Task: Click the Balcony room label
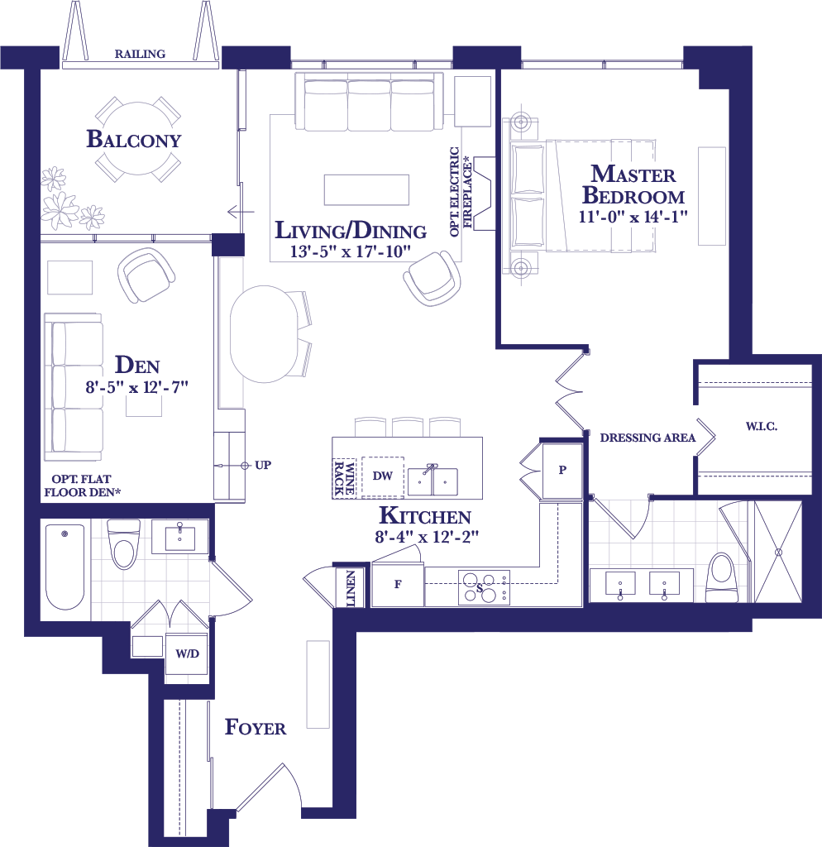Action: [x=133, y=139]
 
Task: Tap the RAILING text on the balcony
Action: [x=140, y=54]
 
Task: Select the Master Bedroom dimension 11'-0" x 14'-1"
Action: [x=633, y=217]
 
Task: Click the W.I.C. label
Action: [x=762, y=426]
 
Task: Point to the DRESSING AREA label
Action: [x=648, y=438]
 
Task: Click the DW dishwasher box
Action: [x=382, y=476]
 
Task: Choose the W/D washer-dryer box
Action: [x=187, y=654]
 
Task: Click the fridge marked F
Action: [x=398, y=584]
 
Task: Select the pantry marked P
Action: [x=562, y=470]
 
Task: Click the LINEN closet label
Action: [x=351, y=588]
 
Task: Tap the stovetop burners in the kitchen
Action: [x=485, y=587]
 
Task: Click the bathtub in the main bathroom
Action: [x=65, y=567]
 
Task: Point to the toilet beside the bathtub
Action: [x=124, y=544]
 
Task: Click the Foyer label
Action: [x=256, y=727]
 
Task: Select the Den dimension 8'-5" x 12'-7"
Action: [x=136, y=387]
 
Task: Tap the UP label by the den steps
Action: [x=263, y=465]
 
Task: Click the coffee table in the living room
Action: [x=366, y=189]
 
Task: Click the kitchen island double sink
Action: [x=433, y=481]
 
